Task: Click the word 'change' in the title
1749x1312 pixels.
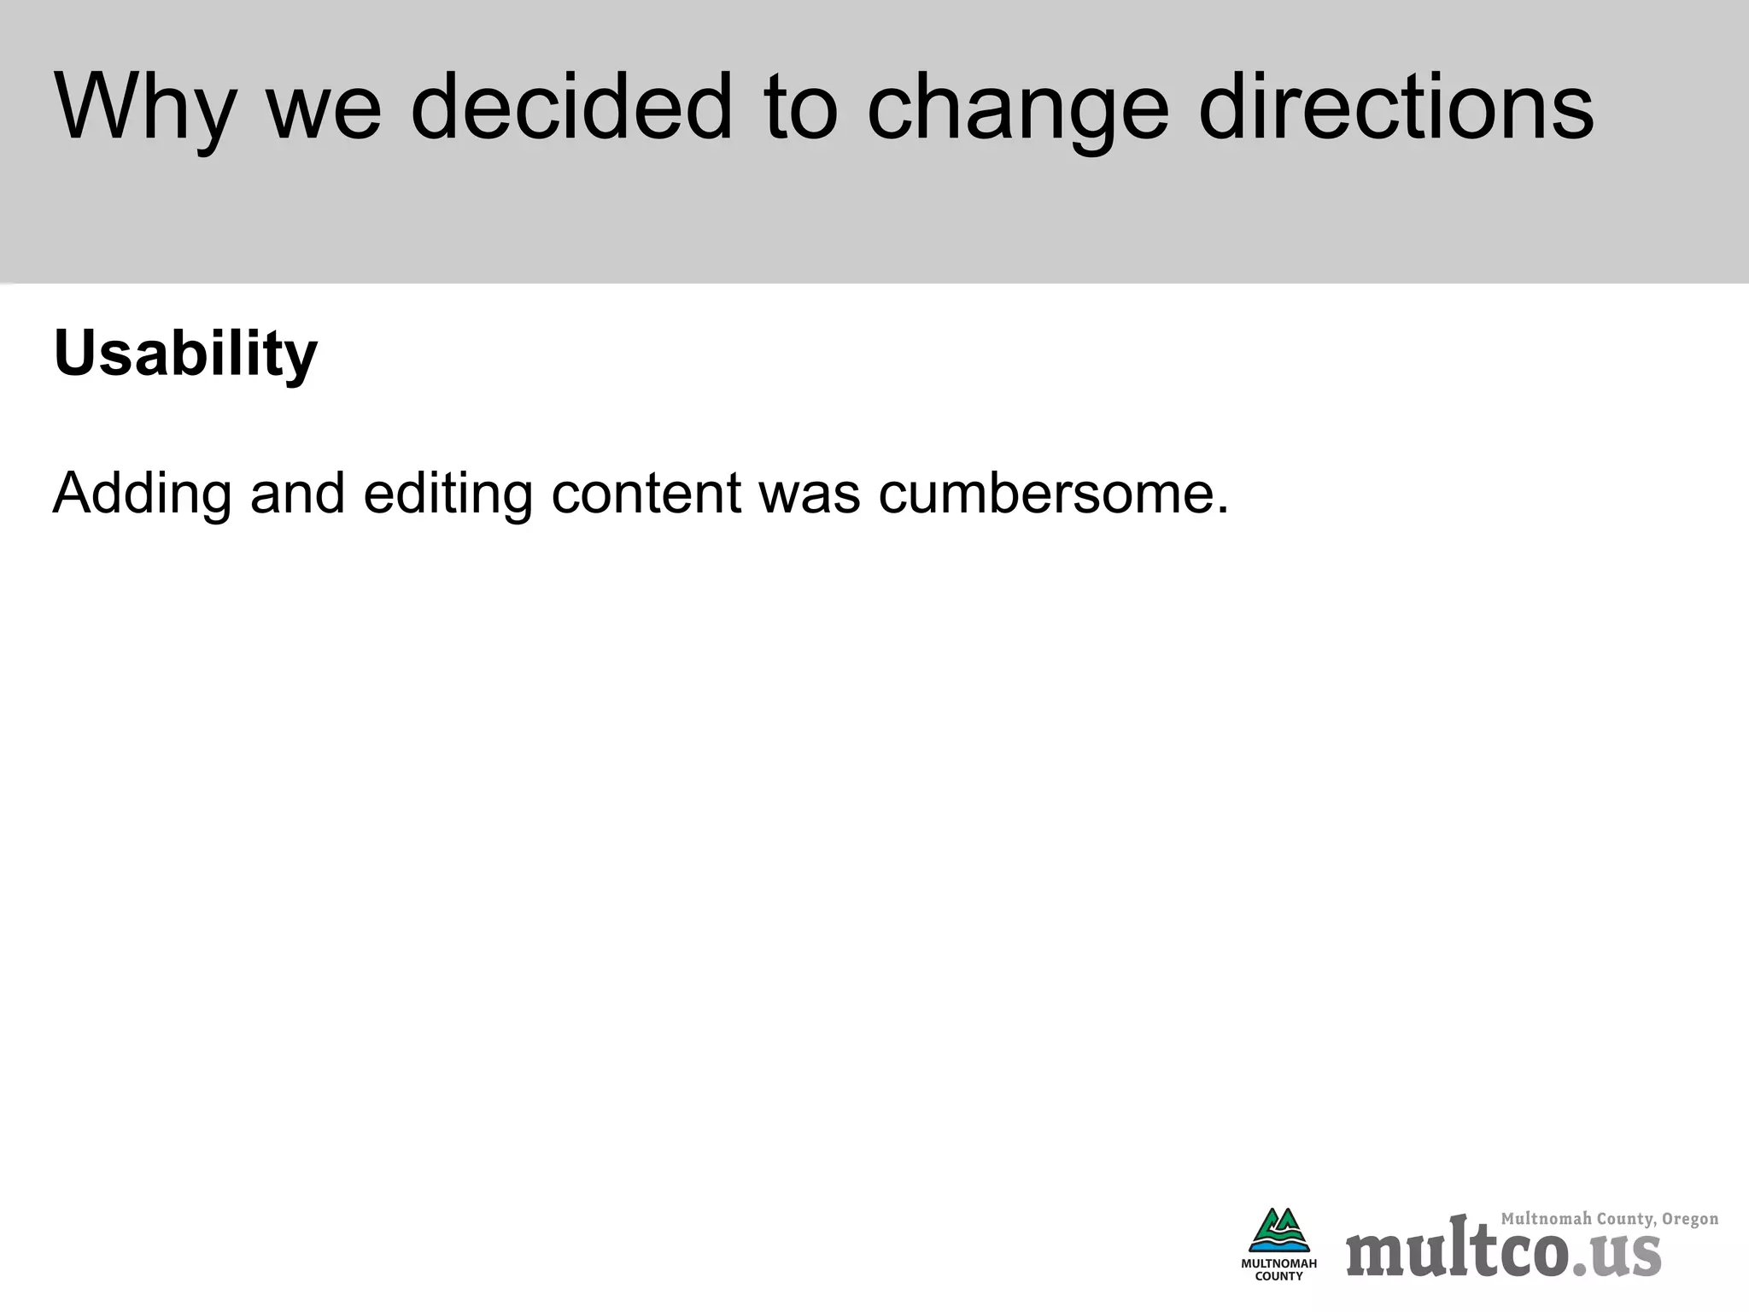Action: point(1017,111)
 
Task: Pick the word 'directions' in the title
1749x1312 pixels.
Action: point(1395,107)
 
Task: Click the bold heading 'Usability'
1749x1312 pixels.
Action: point(185,354)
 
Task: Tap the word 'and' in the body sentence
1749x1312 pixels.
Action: point(298,494)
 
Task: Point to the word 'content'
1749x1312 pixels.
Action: point(646,494)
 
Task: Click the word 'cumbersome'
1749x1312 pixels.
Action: point(1043,494)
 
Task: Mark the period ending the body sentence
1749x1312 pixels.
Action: point(1222,511)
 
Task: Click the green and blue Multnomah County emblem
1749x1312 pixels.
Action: point(1278,1231)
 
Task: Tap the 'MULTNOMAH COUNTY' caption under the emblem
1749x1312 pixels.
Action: point(1278,1270)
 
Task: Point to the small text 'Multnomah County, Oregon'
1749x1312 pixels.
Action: point(1609,1219)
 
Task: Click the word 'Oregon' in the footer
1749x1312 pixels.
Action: point(1690,1219)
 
